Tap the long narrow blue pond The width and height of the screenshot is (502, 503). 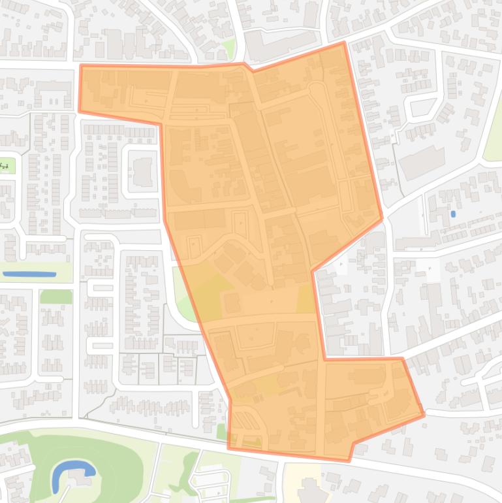(29, 274)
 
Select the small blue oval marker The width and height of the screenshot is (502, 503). (453, 214)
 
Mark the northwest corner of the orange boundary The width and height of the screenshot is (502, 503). (81, 65)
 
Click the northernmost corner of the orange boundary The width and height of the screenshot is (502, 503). (343, 43)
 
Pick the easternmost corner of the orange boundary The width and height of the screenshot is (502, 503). (424, 414)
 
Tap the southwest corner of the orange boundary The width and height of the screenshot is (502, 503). (228, 448)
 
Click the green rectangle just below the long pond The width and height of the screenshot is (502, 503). (56, 297)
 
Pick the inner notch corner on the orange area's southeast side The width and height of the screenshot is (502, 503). (325, 359)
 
